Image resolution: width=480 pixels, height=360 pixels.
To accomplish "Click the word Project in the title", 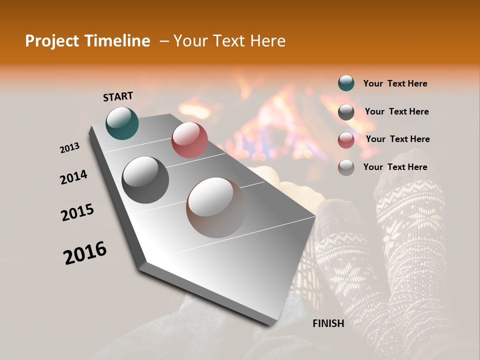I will click(48, 41).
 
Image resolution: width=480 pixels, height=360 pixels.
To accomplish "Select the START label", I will click(118, 96).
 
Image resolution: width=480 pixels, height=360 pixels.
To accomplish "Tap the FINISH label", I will click(328, 323).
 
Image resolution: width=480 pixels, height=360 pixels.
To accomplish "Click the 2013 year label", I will click(69, 148).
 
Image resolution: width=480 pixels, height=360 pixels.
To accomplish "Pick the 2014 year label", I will click(73, 177).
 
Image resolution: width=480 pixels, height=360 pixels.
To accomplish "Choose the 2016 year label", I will click(85, 252).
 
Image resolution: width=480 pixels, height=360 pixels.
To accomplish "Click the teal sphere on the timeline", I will click(122, 123).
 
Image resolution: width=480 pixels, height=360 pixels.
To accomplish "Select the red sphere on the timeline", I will click(189, 139).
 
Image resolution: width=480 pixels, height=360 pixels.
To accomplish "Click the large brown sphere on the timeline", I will click(216, 207).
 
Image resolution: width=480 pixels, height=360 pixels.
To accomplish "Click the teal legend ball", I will click(346, 83).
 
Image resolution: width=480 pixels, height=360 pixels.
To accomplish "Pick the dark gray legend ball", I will click(346, 112).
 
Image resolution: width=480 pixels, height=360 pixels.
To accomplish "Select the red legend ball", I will click(346, 140).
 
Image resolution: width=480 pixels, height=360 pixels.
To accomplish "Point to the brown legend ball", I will click(346, 167).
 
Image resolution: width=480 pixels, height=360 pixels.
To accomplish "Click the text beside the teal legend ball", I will click(395, 83).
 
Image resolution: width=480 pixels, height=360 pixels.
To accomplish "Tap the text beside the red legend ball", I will click(397, 139).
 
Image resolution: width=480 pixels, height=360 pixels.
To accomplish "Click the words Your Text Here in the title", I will click(229, 41).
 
